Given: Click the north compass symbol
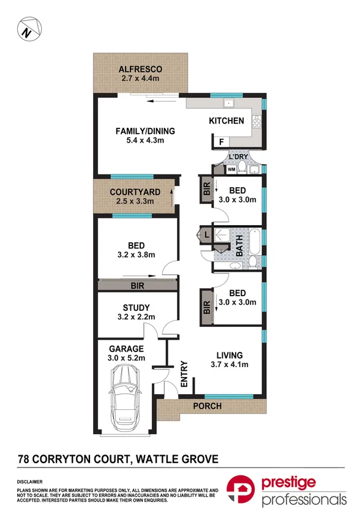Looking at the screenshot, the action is pos(29,29).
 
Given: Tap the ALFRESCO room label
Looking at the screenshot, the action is pos(140,69).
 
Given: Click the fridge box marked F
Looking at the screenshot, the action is pos(221,142).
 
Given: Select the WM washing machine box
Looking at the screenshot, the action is pos(231,169).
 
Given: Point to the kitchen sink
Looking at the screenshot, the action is pos(228,103).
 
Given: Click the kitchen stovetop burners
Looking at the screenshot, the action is pos(257,122).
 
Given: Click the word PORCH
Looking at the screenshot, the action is pos(207,406).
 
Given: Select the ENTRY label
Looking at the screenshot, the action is pos(184,374).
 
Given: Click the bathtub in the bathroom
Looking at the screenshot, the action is pos(255,242).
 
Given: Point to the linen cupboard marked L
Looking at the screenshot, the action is pos(206,235).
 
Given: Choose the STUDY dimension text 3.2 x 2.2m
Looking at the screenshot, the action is pos(136,317).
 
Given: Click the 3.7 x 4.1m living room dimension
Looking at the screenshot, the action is pos(229,364).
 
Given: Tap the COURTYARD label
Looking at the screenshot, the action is pos(135,192).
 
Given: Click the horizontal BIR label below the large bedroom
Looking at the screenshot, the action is pos(137,286).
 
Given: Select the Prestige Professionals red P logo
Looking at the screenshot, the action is pos(241,489).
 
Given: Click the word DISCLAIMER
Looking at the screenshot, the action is pos(30,482).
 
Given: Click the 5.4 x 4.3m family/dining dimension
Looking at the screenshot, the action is pos(145,140).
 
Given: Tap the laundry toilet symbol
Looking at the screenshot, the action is pos(242,167).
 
